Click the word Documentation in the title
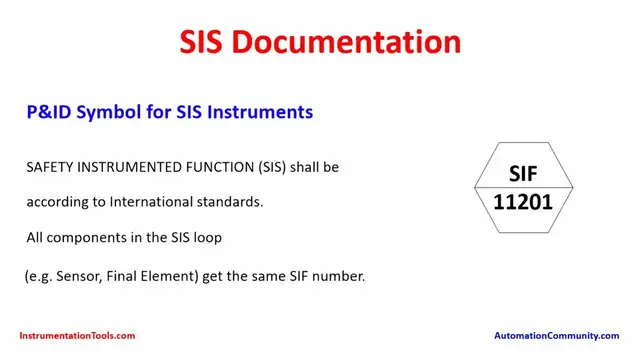[349, 42]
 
